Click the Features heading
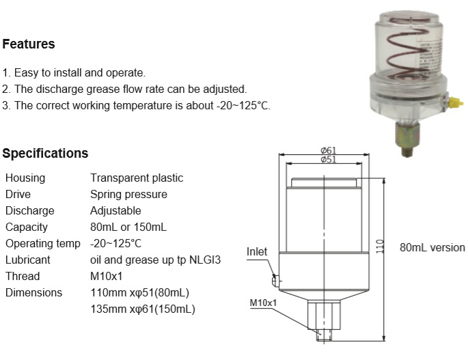coord(29,44)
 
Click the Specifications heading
coord(45,153)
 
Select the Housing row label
coord(25,178)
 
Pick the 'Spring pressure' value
coord(128,194)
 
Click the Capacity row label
coord(27,227)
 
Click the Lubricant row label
coord(28,260)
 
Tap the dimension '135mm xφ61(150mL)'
coord(143,309)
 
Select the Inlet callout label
coord(257,252)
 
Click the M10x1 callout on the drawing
coord(262,303)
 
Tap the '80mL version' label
coord(432,247)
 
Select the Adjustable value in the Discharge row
coord(115,210)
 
